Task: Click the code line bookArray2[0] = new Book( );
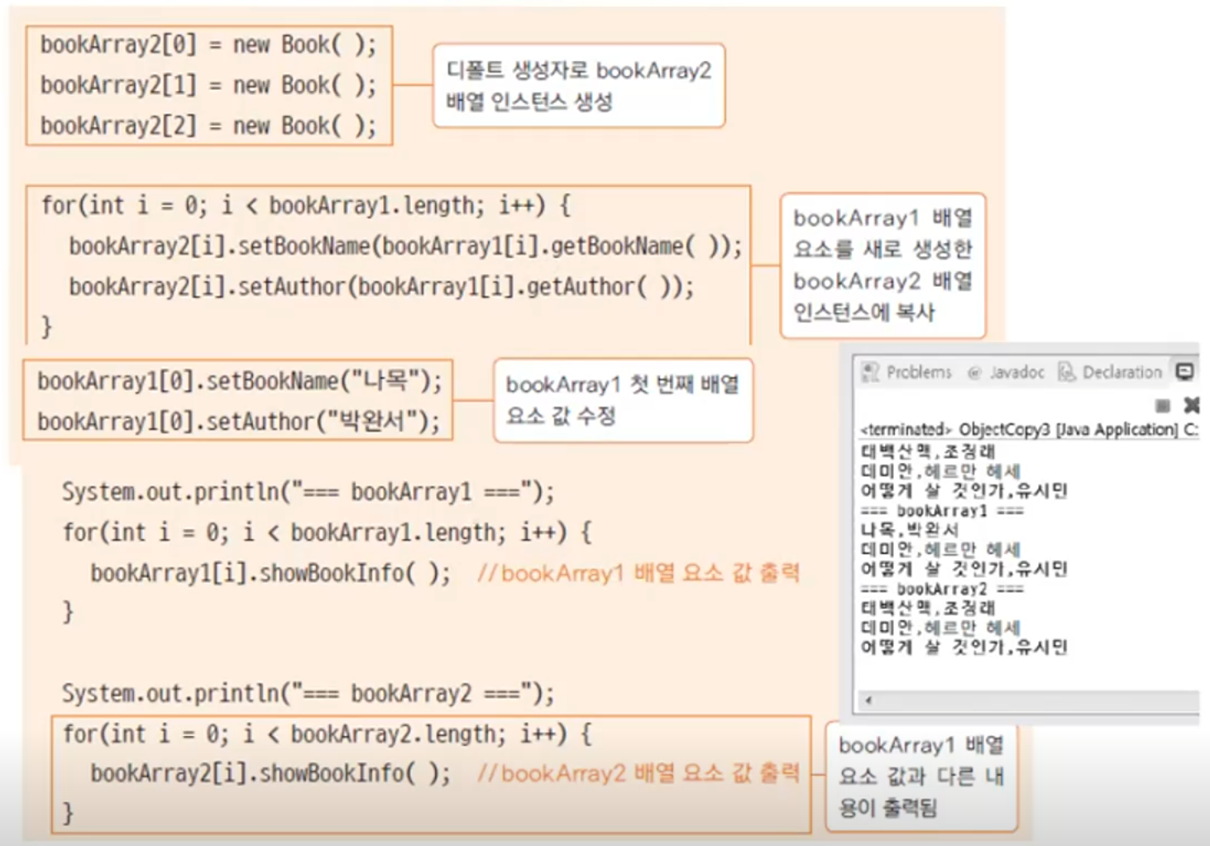(208, 45)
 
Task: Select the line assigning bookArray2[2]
(208, 126)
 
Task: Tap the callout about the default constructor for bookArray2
(578, 86)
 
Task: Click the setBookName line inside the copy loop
(405, 246)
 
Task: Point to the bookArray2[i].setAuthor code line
(381, 287)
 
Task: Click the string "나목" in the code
(385, 381)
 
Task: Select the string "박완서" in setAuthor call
(373, 422)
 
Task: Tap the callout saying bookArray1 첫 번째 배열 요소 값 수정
(622, 400)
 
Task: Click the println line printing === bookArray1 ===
(308, 492)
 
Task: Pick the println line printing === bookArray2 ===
(308, 693)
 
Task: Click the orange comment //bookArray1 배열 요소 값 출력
(638, 573)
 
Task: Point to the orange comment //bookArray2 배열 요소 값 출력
(638, 773)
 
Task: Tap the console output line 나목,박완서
(909, 529)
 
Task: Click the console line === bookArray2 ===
(941, 589)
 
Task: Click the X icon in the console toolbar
(1191, 404)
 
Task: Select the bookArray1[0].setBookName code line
(240, 381)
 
